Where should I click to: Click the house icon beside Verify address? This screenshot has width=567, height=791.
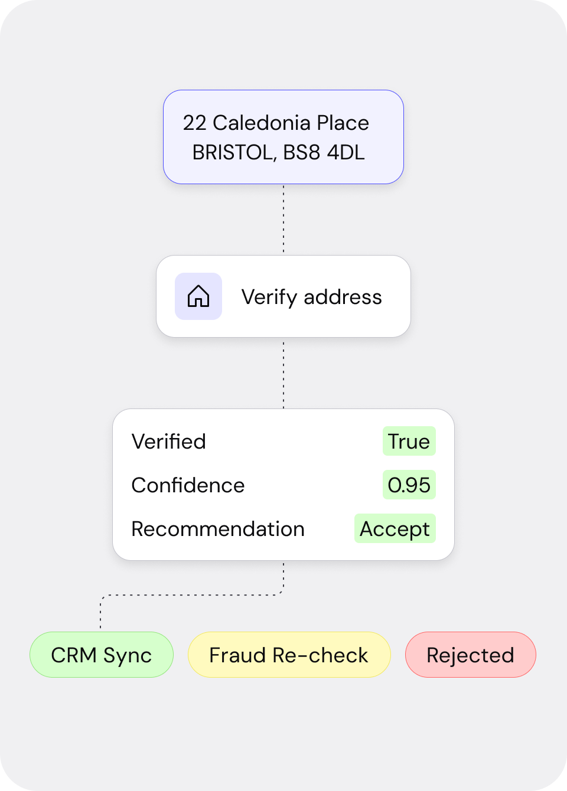[198, 296]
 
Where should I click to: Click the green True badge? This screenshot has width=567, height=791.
[409, 441]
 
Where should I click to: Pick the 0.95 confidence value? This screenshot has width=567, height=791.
[409, 485]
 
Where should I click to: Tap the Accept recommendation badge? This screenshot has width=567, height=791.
[395, 528]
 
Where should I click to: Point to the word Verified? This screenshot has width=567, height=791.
[168, 442]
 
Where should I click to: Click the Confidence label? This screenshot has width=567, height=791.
[188, 485]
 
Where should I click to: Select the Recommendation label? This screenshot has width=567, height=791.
[218, 529]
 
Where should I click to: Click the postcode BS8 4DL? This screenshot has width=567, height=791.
[324, 152]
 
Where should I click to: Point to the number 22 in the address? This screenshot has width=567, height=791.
[194, 123]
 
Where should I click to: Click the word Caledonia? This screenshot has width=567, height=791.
[262, 123]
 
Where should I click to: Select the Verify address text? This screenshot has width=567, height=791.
[312, 297]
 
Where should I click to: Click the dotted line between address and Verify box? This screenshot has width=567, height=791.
[283, 219]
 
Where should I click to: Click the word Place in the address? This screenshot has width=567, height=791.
[343, 123]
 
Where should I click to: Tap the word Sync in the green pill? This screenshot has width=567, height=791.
[128, 655]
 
